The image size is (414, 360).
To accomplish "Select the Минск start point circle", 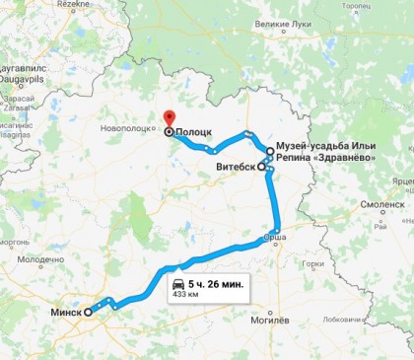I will point(89,311).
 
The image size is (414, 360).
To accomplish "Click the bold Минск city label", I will point(66,311).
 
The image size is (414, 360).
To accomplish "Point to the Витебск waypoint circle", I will point(262,168).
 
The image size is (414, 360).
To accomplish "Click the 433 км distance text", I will point(185,294).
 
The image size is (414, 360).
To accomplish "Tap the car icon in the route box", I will point(178,283).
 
